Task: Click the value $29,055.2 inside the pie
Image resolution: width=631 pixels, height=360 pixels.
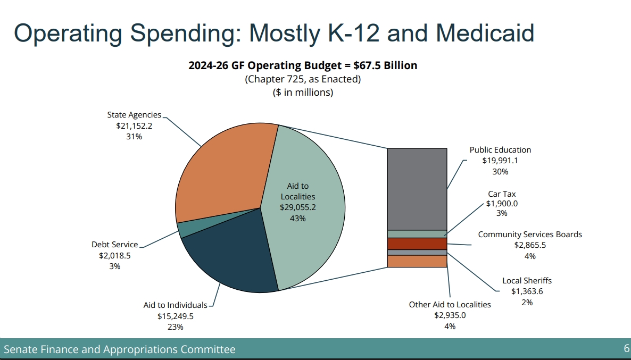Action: pos(298,207)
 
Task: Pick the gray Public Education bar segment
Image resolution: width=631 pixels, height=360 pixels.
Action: pos(417,189)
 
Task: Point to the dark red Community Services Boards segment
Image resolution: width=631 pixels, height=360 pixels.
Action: pos(417,244)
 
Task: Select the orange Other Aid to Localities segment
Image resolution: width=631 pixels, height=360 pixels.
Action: pos(417,261)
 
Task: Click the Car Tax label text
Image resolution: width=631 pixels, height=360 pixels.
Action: pos(502,194)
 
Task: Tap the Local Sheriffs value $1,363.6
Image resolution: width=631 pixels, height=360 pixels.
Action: pos(527,291)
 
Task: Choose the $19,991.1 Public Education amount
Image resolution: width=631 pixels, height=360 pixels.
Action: pos(500,161)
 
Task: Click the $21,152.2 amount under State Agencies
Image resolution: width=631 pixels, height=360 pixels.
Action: pos(134,125)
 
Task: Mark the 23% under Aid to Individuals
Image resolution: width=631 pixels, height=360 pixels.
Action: pos(175,327)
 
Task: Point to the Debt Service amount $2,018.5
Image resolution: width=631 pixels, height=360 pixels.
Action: pos(114,255)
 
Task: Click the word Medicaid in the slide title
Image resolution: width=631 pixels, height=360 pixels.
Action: pos(485,33)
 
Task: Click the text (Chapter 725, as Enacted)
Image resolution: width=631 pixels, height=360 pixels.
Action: pos(303,79)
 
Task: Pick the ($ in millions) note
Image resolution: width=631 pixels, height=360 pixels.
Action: pos(303,92)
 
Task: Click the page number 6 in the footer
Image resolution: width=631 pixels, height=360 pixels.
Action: pos(626,349)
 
